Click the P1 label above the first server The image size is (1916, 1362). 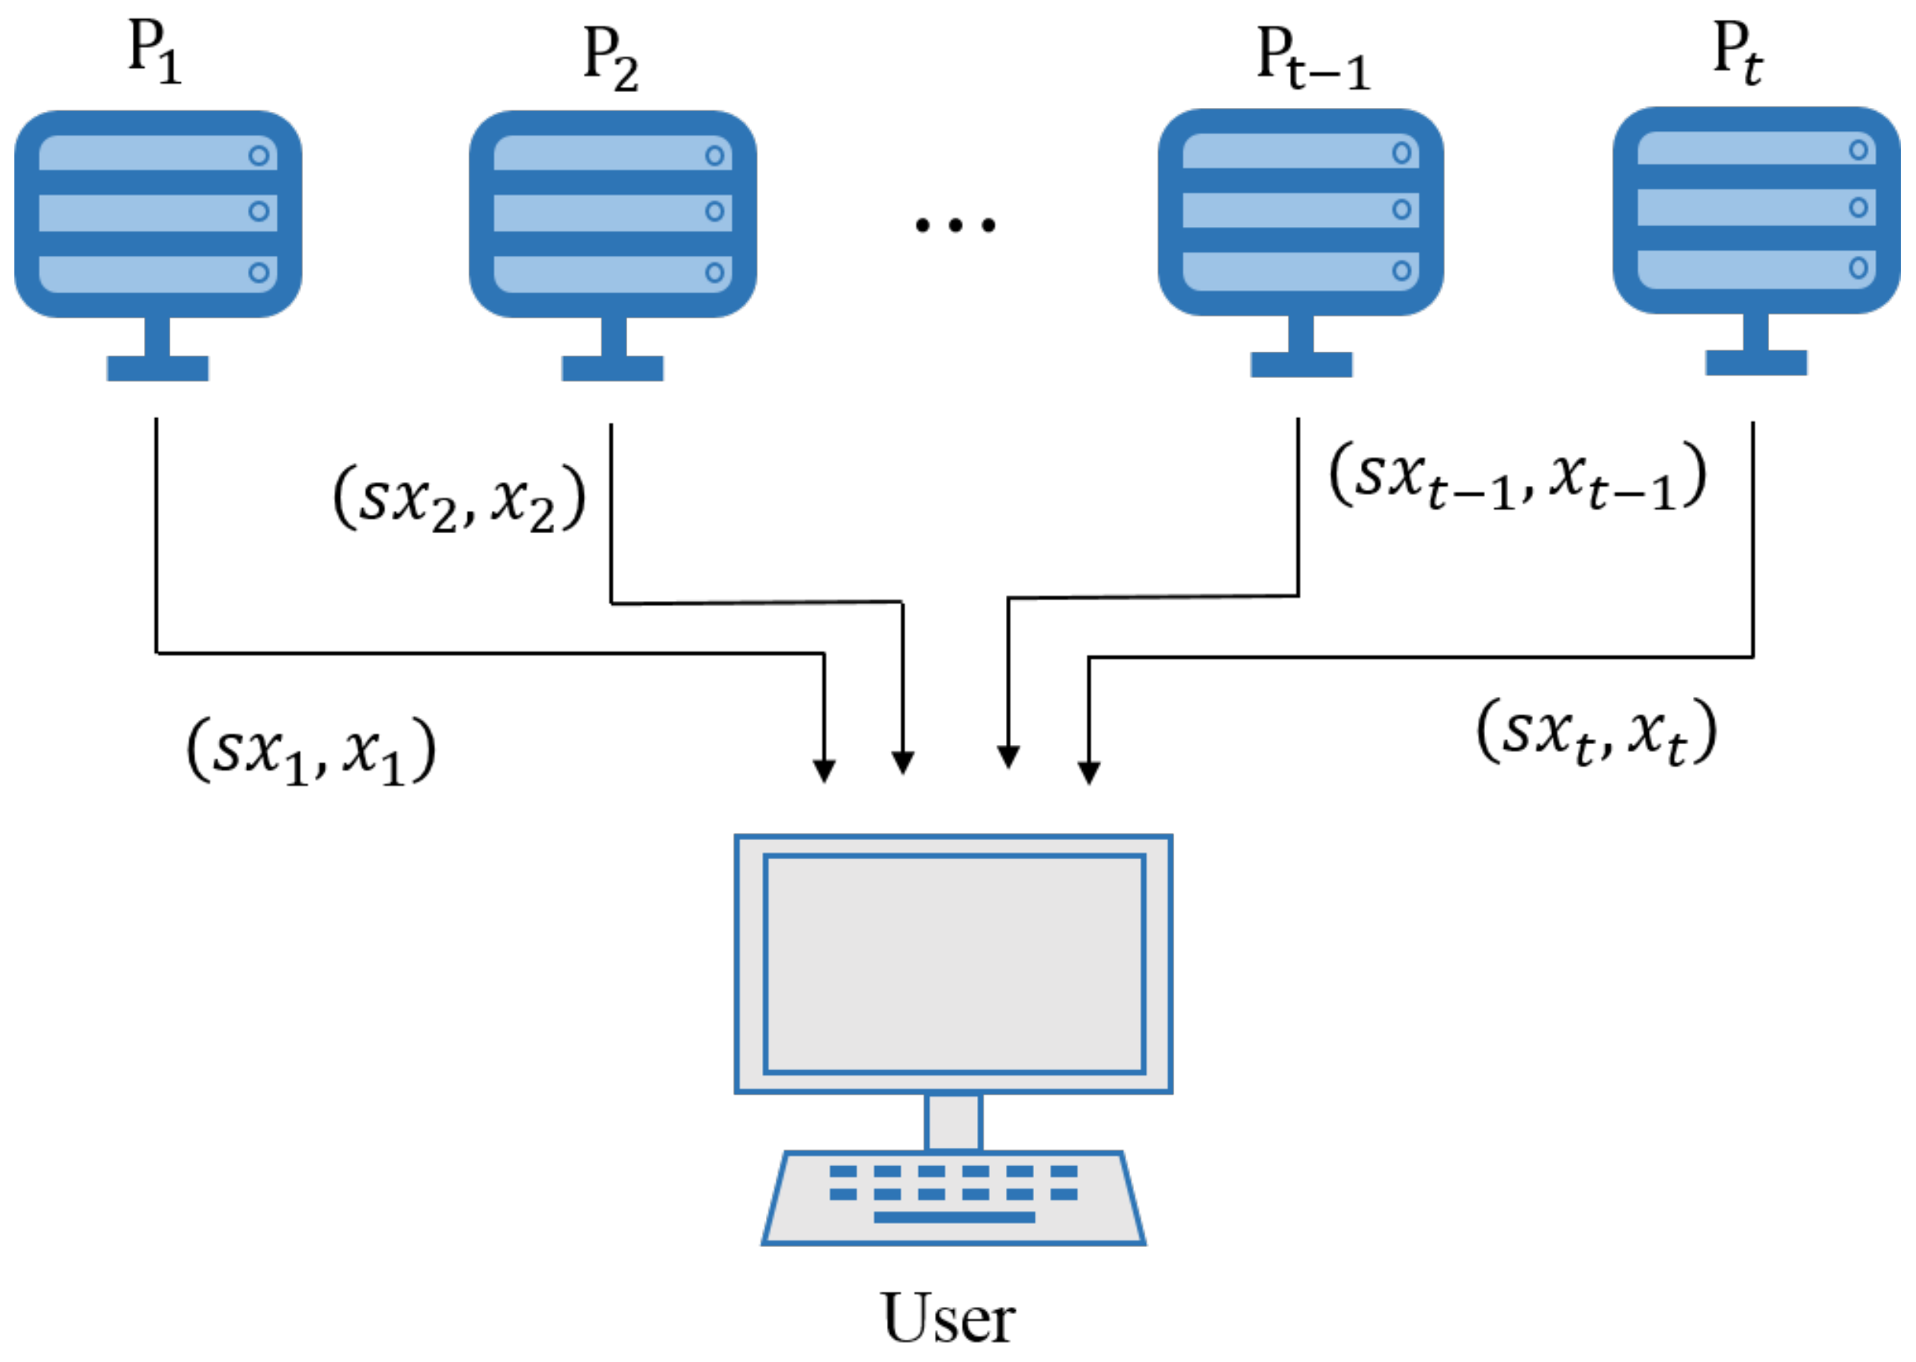click(x=154, y=52)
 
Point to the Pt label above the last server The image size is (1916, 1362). click(x=1737, y=52)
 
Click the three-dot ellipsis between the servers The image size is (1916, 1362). click(x=955, y=225)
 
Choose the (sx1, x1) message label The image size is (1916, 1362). click(x=310, y=751)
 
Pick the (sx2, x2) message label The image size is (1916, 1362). click(x=459, y=498)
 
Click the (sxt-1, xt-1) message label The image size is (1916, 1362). click(x=1517, y=476)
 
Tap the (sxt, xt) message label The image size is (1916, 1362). click(x=1596, y=732)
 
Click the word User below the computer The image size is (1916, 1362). click(x=948, y=1317)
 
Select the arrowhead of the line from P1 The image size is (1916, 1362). click(x=824, y=771)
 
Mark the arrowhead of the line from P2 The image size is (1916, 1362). click(x=903, y=762)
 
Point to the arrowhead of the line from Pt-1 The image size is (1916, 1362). click(x=1008, y=756)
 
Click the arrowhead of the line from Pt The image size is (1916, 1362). click(x=1088, y=772)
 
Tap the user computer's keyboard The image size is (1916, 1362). click(x=953, y=1197)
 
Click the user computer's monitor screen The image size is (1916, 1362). click(x=954, y=963)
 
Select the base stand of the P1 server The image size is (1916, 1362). click(x=158, y=368)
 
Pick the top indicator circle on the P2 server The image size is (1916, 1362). click(x=714, y=155)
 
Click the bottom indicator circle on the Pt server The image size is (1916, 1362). click(x=1858, y=268)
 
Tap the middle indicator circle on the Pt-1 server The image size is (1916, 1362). click(x=1401, y=209)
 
